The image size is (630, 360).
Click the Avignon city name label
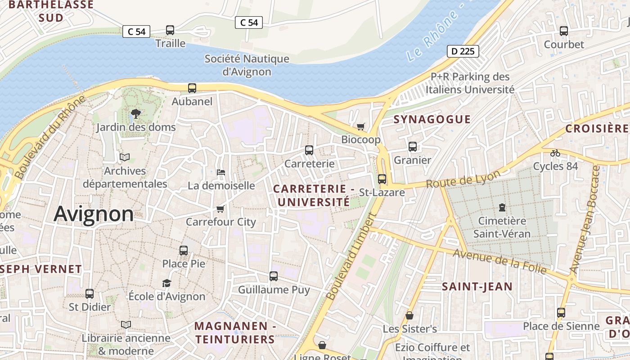pos(94,214)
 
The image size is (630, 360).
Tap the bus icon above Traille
pos(170,30)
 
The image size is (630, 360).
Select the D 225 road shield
pos(463,51)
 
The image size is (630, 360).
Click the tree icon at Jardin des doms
pos(135,114)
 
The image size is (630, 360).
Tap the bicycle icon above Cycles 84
pos(555,153)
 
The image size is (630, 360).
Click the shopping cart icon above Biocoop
pos(360,126)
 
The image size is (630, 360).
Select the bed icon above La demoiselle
pos(221,172)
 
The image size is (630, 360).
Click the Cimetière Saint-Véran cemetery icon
pos(502,207)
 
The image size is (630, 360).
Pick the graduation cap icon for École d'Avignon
pos(167,283)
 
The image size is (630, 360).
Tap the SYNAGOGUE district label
pos(432,119)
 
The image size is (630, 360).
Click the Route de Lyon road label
pos(463,180)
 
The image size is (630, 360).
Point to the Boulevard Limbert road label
pos(351,256)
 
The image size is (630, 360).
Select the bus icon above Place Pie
pos(184,251)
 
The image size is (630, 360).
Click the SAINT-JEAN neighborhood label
pos(477,287)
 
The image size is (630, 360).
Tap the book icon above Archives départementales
pos(125,157)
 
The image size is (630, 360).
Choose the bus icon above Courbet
pos(564,31)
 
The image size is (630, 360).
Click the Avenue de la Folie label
pos(499,261)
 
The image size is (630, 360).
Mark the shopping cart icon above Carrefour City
pos(220,209)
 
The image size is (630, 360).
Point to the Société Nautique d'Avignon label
pos(247,65)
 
